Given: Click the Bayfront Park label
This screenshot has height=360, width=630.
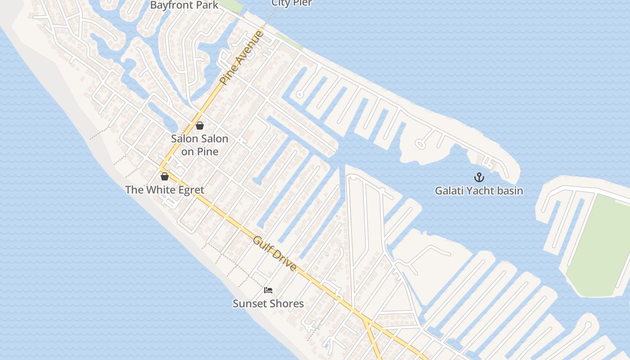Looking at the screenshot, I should click(x=184, y=5).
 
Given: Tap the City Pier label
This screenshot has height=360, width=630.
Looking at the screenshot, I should click(x=291, y=3).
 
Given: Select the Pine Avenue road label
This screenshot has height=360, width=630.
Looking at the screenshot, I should click(x=241, y=58).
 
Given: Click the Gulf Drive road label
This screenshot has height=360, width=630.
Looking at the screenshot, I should click(x=274, y=253).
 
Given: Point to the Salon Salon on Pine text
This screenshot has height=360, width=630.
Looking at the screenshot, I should click(x=199, y=145).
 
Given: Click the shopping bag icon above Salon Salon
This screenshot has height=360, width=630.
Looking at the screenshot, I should click(x=200, y=126).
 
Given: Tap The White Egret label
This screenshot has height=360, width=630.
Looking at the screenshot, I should click(x=165, y=190).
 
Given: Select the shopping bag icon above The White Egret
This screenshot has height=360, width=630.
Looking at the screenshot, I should click(x=165, y=176).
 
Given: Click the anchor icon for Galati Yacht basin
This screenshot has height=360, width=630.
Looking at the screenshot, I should click(x=479, y=177).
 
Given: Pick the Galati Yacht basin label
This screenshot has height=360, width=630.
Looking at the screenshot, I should click(x=479, y=191).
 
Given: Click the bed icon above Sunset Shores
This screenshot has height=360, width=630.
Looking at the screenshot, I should click(x=268, y=290).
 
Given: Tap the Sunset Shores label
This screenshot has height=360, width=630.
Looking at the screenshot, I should click(x=268, y=304).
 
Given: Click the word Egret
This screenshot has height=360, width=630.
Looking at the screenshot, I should click(x=189, y=190).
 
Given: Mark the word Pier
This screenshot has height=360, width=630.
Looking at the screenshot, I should click(x=303, y=3).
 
